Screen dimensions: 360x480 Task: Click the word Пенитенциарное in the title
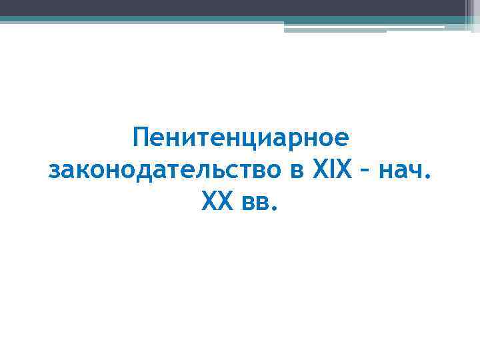(240, 140)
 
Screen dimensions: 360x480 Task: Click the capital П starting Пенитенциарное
(141, 140)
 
